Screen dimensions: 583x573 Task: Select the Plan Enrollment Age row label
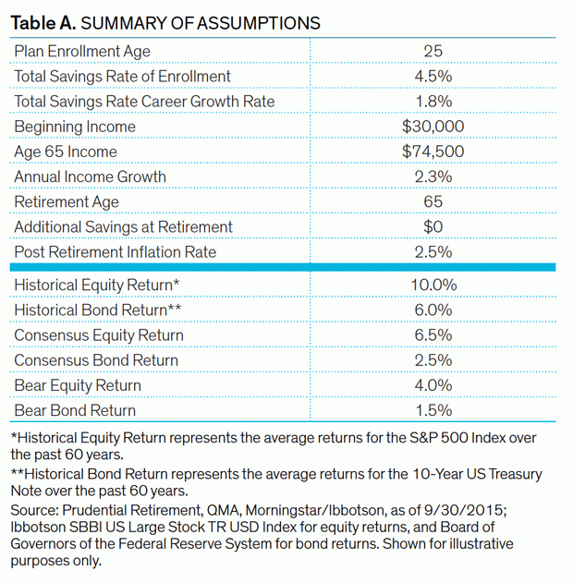[82, 51]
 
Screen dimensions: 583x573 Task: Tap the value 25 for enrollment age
[433, 51]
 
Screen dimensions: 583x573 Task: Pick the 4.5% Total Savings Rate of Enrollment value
[433, 76]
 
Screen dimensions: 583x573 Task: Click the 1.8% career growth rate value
[433, 101]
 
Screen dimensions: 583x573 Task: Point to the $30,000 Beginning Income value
[433, 127]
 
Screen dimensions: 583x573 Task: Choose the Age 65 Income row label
[67, 152]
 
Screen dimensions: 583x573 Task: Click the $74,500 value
[433, 152]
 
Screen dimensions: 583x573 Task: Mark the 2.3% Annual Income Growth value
[433, 176]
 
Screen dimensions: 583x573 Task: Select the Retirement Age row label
[67, 201]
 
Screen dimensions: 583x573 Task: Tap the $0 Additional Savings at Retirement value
[433, 226]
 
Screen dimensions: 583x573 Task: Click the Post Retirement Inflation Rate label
[116, 251]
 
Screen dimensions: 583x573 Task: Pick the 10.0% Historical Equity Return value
[433, 285]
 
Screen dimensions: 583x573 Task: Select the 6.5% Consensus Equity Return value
[433, 334]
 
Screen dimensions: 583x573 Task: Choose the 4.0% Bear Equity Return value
[433, 385]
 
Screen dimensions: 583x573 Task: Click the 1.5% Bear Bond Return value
[433, 410]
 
